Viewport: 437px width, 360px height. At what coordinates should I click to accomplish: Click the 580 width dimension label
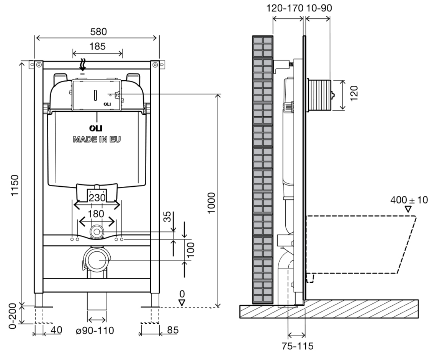(96, 32)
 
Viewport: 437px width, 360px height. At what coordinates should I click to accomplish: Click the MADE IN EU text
(97, 139)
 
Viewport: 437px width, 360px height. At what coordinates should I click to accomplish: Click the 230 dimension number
(97, 199)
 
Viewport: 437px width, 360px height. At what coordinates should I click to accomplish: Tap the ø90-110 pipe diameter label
(95, 330)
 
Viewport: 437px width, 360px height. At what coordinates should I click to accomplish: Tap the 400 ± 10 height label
(409, 200)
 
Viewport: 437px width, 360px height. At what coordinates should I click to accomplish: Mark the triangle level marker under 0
(182, 302)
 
